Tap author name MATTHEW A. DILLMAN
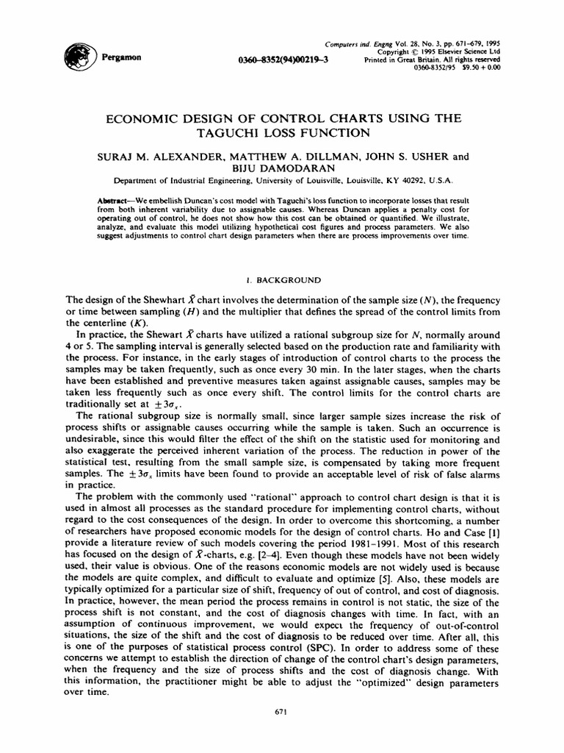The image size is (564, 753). (x=281, y=156)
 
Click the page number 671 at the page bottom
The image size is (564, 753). (x=282, y=713)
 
